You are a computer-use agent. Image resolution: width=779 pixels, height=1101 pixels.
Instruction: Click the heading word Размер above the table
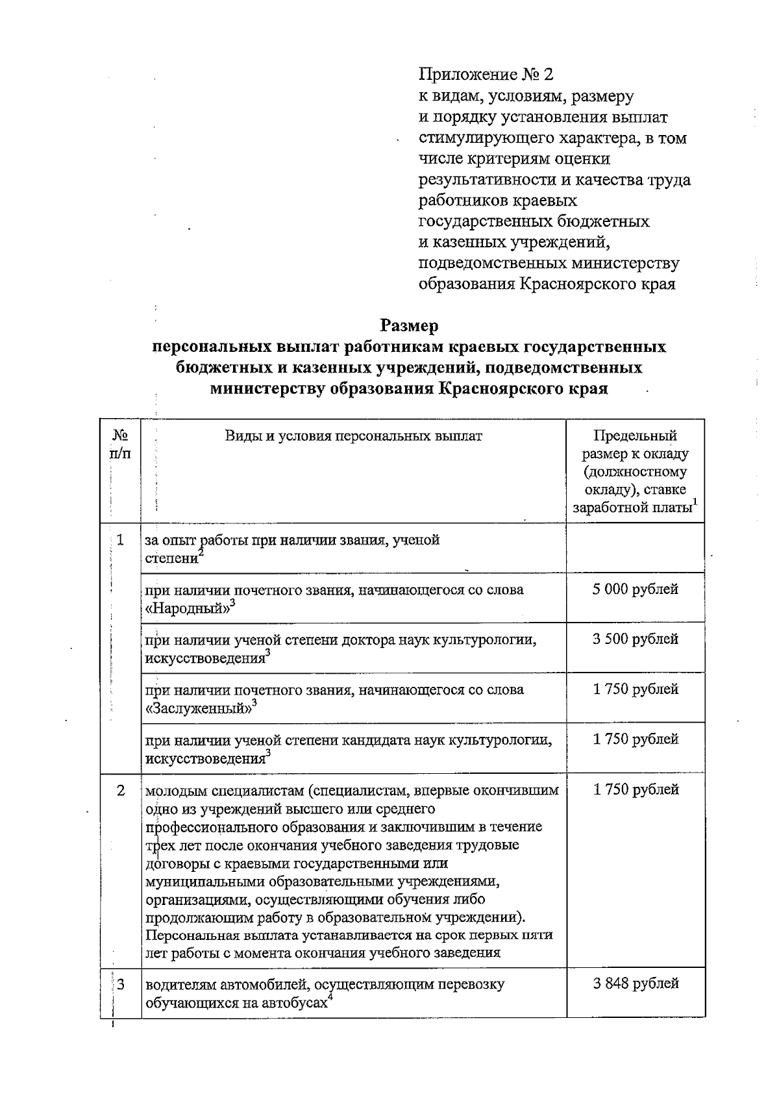[409, 325]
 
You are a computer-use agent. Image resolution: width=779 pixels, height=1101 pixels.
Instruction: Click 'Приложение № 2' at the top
[486, 75]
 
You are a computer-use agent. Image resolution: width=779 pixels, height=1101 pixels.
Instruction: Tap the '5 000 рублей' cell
[636, 589]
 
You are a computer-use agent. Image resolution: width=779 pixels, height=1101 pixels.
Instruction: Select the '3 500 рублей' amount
[636, 639]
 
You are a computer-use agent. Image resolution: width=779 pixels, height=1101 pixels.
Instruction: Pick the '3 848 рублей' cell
[636, 983]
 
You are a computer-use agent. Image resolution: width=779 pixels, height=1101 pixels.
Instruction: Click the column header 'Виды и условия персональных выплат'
[354, 436]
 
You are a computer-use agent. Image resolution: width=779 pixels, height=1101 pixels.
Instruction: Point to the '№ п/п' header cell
[121, 444]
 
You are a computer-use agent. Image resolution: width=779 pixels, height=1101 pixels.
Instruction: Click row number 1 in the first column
[121, 540]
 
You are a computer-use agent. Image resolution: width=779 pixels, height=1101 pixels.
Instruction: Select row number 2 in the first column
[121, 790]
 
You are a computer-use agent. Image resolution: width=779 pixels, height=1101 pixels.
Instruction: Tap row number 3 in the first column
[121, 984]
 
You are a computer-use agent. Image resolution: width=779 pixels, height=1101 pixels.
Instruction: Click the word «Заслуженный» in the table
[197, 708]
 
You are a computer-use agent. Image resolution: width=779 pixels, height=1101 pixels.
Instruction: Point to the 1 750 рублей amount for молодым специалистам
[636, 790]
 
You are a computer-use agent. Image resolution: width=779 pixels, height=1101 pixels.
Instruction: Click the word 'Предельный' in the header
[636, 436]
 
